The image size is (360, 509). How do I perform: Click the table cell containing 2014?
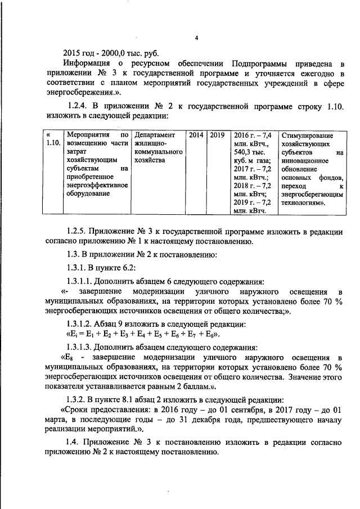coord(196,136)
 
